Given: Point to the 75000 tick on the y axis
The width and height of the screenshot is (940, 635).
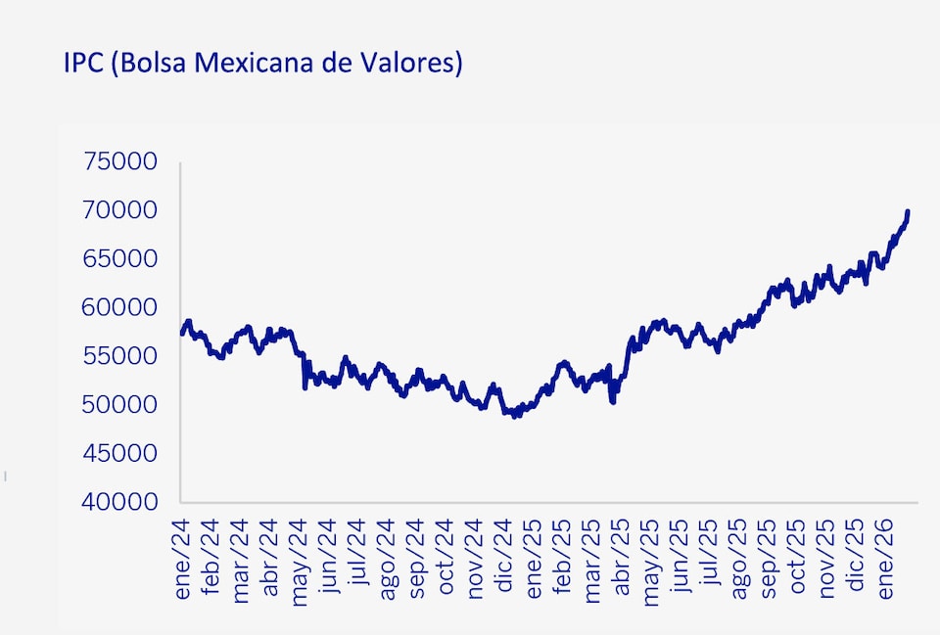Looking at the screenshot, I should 120,162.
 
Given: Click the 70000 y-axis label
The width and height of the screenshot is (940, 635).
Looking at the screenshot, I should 120,210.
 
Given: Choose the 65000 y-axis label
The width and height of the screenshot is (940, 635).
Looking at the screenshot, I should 120,259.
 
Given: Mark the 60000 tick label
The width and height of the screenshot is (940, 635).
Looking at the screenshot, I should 120,307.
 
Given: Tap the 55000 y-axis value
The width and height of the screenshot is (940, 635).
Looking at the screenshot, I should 120,356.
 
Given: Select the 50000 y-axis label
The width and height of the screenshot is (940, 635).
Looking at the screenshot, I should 120,404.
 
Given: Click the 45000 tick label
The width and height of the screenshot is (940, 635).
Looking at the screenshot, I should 120,453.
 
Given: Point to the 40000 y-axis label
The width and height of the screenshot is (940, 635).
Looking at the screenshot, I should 120,502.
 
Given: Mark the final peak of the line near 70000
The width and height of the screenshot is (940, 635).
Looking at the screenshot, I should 908,211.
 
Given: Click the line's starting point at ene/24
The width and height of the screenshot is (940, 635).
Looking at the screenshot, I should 182,334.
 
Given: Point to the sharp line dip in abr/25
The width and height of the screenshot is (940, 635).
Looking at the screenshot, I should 613,400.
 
